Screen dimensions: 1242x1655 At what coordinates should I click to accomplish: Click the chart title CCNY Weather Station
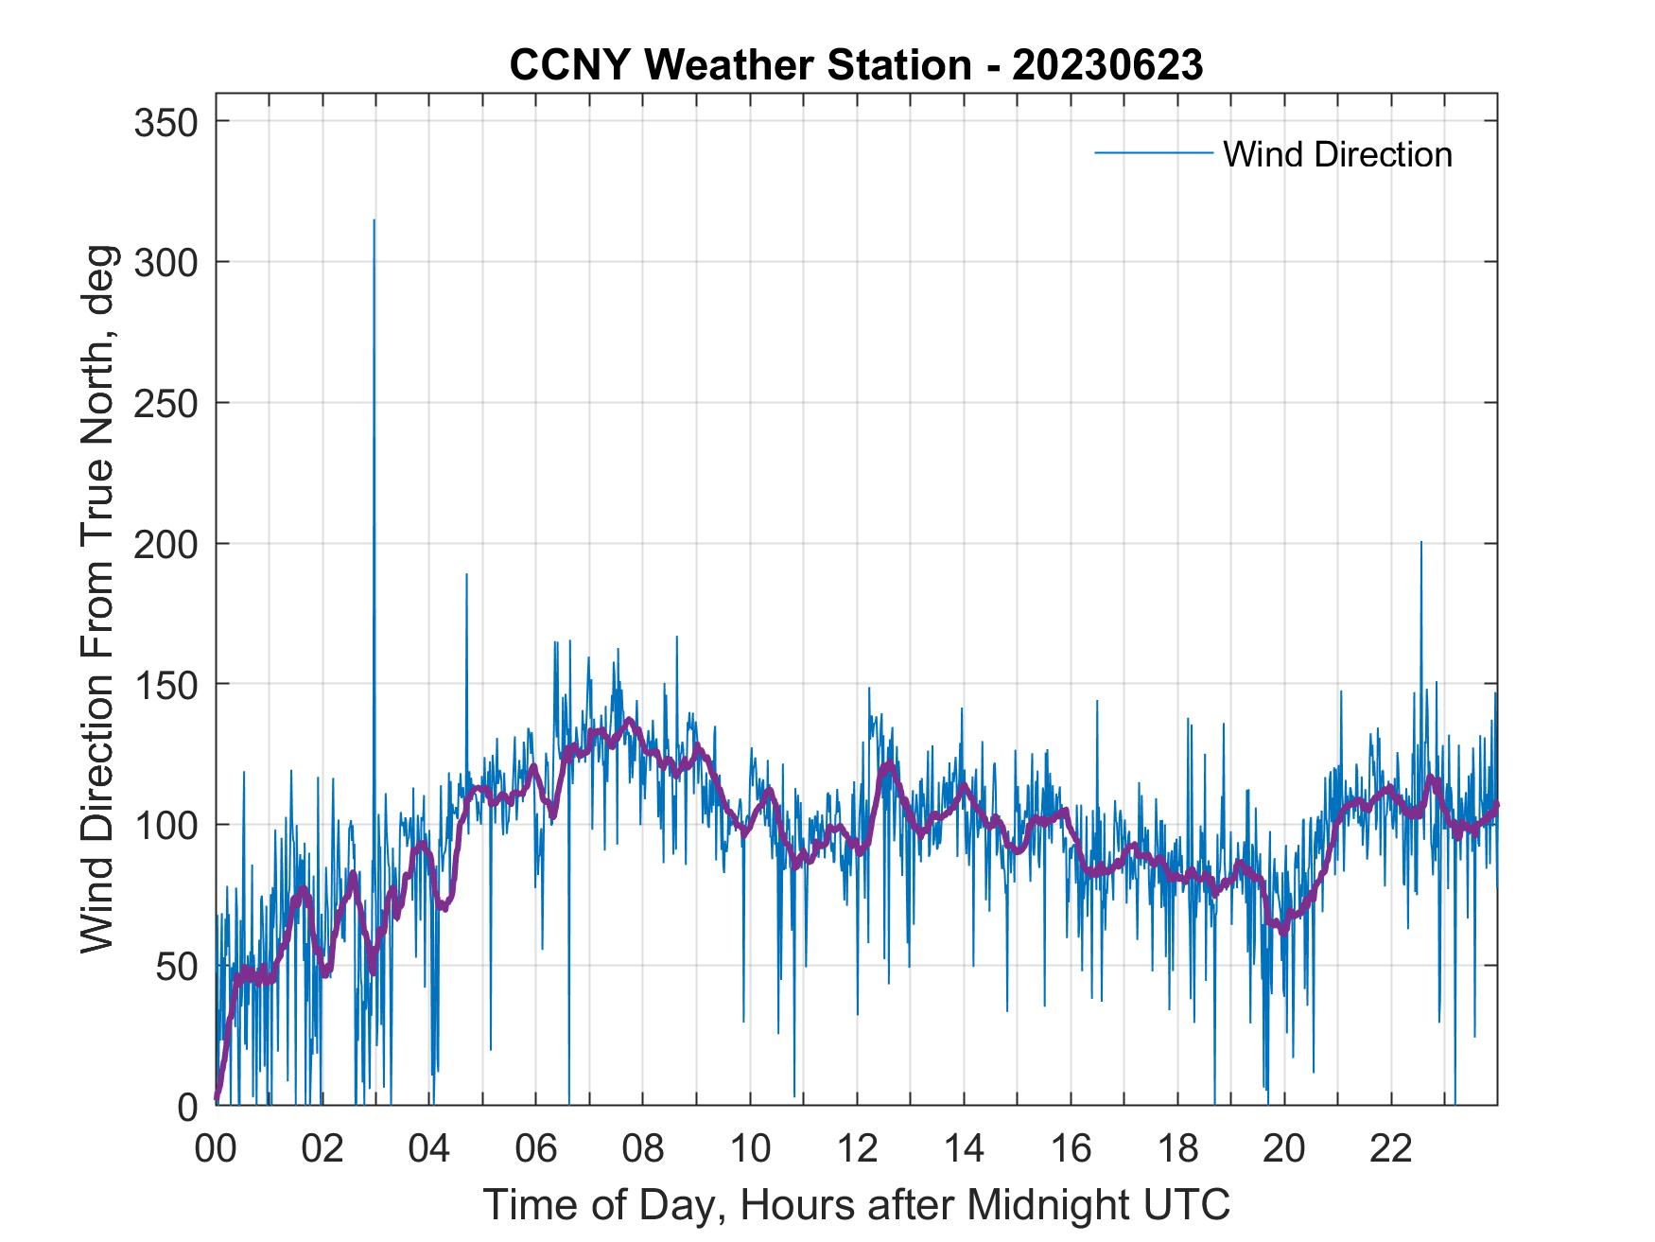[740, 65]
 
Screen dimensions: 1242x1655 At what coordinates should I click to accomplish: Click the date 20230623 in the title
[1107, 65]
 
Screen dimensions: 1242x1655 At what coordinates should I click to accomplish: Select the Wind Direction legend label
[1337, 154]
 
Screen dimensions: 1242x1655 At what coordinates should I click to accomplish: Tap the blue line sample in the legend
[1154, 153]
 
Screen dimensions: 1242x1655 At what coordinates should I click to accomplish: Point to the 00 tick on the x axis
[216, 1148]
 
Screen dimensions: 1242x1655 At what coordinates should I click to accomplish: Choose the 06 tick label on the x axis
[536, 1148]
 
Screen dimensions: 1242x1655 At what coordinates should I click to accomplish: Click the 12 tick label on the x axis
[857, 1148]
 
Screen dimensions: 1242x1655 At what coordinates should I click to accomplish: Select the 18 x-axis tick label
[1177, 1148]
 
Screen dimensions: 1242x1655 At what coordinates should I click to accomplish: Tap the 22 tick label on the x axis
[1391, 1148]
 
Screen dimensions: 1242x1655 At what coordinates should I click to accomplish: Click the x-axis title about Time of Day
[857, 1204]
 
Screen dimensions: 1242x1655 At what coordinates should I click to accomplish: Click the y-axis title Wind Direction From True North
[98, 599]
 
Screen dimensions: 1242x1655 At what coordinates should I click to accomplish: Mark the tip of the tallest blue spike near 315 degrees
[375, 220]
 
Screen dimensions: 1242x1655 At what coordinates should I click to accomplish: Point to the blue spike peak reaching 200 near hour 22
[1420, 542]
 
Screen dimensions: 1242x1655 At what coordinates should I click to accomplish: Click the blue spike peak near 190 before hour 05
[466, 574]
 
